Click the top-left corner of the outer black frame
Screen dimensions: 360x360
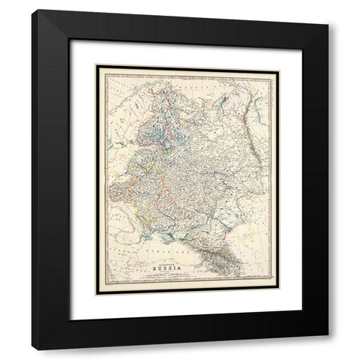click(x=32, y=10)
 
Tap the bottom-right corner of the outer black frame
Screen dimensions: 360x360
click(x=328, y=349)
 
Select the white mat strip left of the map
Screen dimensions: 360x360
click(x=81, y=180)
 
